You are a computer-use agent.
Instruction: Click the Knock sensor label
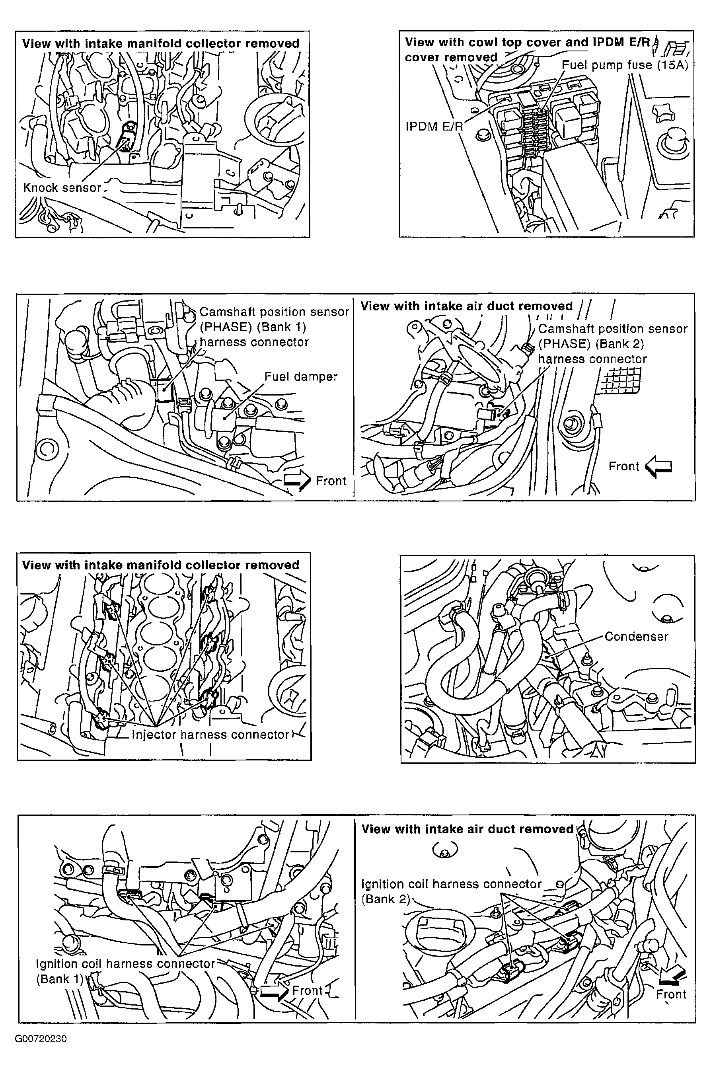point(62,188)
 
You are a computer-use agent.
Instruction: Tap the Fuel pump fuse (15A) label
point(625,65)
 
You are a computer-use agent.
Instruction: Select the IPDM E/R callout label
point(434,126)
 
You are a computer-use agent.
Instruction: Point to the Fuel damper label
point(301,377)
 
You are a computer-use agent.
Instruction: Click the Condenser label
point(636,636)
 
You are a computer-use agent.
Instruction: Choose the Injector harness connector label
point(210,734)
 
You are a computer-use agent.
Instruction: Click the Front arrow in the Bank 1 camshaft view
point(297,481)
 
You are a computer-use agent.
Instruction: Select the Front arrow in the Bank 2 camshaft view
point(658,467)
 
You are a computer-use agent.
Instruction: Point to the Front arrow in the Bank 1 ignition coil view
point(275,991)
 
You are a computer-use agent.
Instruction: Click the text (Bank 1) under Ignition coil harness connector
point(60,979)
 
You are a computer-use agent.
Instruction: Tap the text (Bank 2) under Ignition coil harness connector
point(386,899)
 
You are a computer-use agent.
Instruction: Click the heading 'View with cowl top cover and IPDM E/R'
point(527,42)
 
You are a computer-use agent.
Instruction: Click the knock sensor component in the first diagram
point(125,138)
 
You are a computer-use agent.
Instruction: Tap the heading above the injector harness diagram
point(160,565)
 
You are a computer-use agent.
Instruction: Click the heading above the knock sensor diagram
point(160,43)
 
